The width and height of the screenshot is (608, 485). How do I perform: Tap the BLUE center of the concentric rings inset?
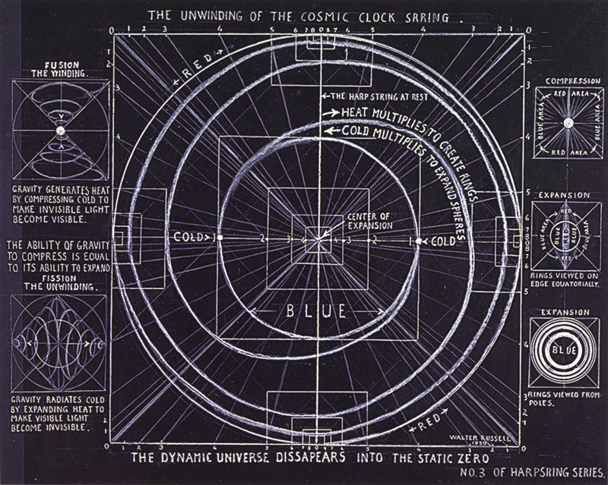point(564,350)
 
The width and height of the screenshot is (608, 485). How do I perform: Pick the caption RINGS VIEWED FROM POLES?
point(564,398)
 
